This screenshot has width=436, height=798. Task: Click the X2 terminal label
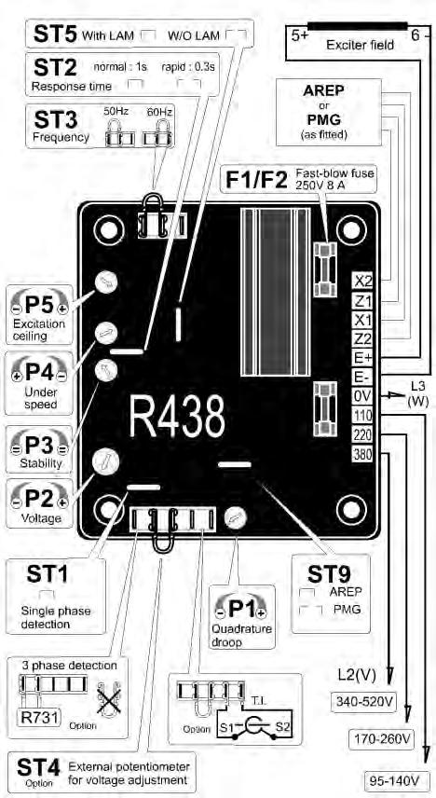[362, 281]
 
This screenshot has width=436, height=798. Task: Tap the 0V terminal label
[362, 395]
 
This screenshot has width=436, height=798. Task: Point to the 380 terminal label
[362, 453]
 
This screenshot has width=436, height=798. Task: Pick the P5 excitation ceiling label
[39, 309]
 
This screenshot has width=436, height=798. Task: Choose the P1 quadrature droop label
[240, 608]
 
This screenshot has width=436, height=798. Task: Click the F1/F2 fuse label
[257, 180]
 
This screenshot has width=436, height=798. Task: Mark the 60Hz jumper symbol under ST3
[157, 132]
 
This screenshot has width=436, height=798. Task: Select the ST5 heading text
[55, 34]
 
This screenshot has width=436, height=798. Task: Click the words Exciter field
[360, 45]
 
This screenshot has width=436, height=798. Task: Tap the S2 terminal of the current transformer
[284, 727]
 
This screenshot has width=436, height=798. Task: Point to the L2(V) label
[356, 675]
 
